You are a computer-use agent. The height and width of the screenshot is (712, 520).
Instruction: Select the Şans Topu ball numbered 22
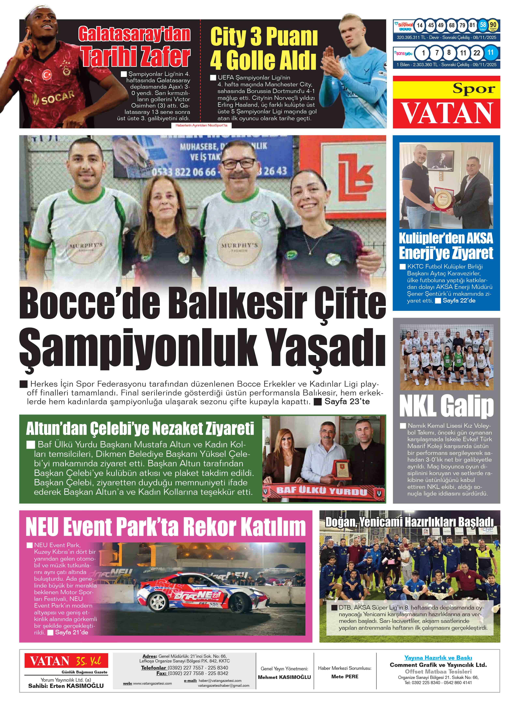click(476, 53)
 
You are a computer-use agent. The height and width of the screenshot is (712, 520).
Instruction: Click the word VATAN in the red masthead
click(446, 114)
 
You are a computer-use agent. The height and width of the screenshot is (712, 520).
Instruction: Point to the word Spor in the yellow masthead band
click(474, 89)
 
